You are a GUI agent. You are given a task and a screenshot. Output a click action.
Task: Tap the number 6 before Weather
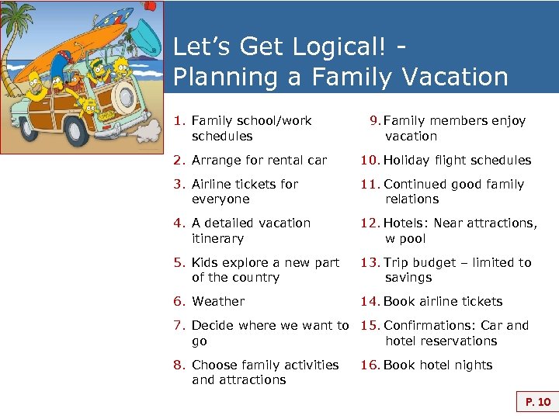[x=178, y=302]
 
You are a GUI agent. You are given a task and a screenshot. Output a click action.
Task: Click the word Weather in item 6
[x=218, y=302]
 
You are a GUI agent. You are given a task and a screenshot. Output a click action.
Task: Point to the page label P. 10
[x=537, y=402]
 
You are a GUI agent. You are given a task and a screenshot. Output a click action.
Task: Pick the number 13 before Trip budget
[x=369, y=263]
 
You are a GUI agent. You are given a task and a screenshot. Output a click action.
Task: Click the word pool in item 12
[x=412, y=239]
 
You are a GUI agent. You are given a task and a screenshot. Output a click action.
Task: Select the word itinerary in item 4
[x=218, y=239]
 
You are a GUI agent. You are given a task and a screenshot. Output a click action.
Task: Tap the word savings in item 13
[x=408, y=278]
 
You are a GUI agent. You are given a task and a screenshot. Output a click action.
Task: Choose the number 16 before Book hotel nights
[x=369, y=365]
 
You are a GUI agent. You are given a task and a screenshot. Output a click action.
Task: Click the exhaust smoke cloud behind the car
[x=144, y=130]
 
